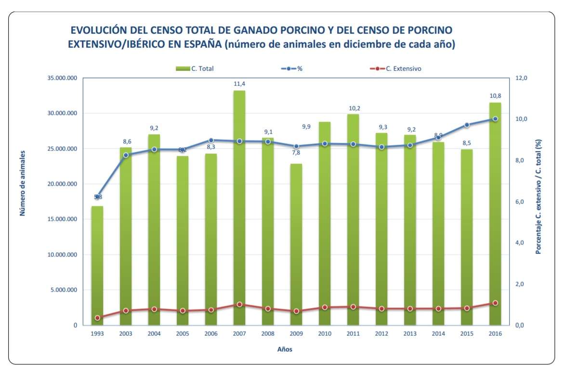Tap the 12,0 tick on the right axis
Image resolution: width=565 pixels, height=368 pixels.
(x=523, y=78)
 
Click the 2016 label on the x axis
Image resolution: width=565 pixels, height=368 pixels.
(x=495, y=334)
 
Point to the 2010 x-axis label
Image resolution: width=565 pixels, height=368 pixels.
(x=325, y=334)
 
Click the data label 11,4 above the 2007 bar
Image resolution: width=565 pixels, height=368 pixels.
(x=239, y=84)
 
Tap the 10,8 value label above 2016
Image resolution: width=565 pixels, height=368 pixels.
(x=495, y=96)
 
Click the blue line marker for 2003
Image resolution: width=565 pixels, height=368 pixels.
(x=126, y=155)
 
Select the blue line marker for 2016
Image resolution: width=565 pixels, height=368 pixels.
(x=495, y=119)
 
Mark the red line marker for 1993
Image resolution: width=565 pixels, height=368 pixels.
(x=97, y=318)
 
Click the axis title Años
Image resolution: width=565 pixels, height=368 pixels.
(x=284, y=349)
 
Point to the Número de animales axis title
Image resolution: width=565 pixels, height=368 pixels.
(x=23, y=183)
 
